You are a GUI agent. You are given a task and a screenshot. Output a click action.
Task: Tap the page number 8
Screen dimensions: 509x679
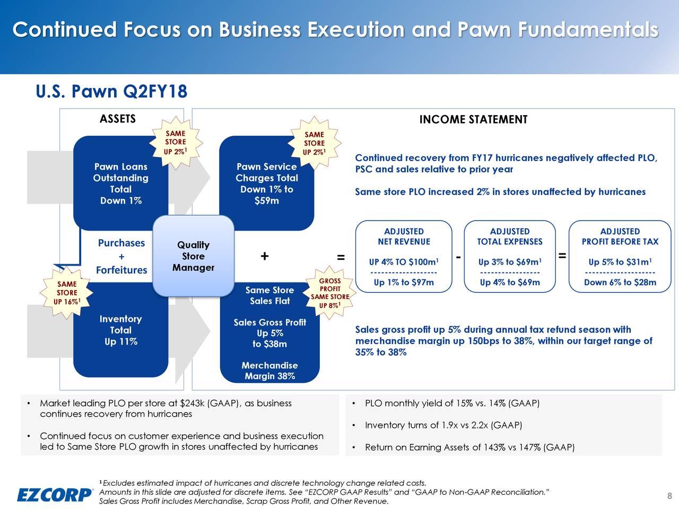pyautogui.click(x=669, y=496)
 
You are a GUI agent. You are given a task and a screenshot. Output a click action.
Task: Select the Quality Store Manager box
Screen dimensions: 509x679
pyautogui.click(x=193, y=256)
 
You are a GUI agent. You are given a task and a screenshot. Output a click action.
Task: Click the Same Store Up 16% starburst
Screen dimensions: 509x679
pyautogui.click(x=67, y=293)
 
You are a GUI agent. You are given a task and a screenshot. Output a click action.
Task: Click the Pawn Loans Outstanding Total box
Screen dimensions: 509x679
pyautogui.click(x=120, y=183)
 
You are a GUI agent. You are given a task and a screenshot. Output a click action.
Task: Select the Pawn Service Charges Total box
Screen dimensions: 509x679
pyautogui.click(x=266, y=183)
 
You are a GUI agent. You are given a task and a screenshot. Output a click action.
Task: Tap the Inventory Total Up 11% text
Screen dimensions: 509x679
pyautogui.click(x=120, y=330)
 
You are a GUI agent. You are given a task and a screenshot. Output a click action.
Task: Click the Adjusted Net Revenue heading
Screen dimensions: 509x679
pyautogui.click(x=404, y=236)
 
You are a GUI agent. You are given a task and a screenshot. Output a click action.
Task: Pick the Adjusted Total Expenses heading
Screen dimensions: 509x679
pyautogui.click(x=509, y=236)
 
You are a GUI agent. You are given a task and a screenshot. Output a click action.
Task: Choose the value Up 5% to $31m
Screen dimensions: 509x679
pyautogui.click(x=620, y=262)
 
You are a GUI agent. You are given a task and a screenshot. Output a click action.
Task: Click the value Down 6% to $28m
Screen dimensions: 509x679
pyautogui.click(x=620, y=283)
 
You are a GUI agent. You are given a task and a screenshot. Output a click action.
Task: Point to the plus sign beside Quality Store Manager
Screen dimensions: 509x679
pyautogui.click(x=264, y=257)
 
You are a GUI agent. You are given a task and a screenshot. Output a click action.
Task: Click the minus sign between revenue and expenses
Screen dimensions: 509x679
pyautogui.click(x=458, y=257)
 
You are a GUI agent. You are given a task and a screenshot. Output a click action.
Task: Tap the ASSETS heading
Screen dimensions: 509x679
pyautogui.click(x=118, y=119)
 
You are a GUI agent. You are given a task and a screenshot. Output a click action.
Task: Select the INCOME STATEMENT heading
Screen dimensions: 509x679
pyautogui.click(x=473, y=120)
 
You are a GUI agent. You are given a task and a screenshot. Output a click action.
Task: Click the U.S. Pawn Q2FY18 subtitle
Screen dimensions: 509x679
pyautogui.click(x=111, y=92)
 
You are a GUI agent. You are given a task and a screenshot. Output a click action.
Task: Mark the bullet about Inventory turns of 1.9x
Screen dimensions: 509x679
pyautogui.click(x=443, y=425)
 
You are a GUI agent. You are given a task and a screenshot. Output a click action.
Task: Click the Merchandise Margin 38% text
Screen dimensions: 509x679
pyautogui.click(x=269, y=371)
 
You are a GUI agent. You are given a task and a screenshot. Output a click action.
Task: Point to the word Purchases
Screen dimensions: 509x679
pyautogui.click(x=121, y=243)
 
